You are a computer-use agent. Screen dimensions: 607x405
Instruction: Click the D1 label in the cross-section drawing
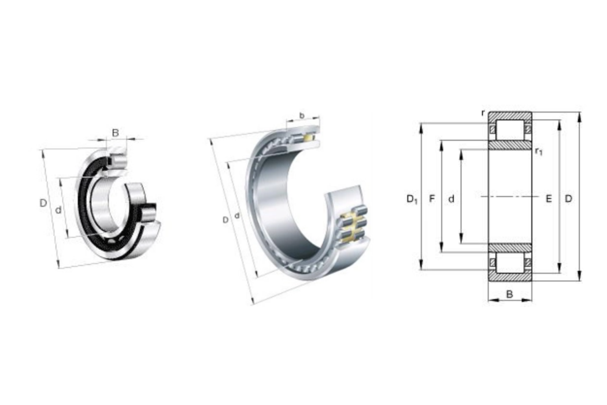tap(412, 199)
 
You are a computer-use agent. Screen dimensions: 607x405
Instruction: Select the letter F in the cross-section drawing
tap(432, 199)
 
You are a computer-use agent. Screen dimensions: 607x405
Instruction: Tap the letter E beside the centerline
tap(549, 199)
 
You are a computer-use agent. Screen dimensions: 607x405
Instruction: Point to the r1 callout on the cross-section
tap(538, 151)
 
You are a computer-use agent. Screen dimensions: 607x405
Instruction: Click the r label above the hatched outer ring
tap(483, 113)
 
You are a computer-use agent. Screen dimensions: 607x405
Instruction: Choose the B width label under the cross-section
tap(509, 294)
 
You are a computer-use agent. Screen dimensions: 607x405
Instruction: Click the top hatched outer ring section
tap(510, 116)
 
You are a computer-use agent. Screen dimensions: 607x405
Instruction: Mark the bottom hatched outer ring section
tap(510, 277)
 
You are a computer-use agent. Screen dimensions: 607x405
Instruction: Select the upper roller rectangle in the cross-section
tap(510, 130)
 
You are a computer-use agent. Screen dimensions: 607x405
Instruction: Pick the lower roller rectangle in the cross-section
tap(510, 263)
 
